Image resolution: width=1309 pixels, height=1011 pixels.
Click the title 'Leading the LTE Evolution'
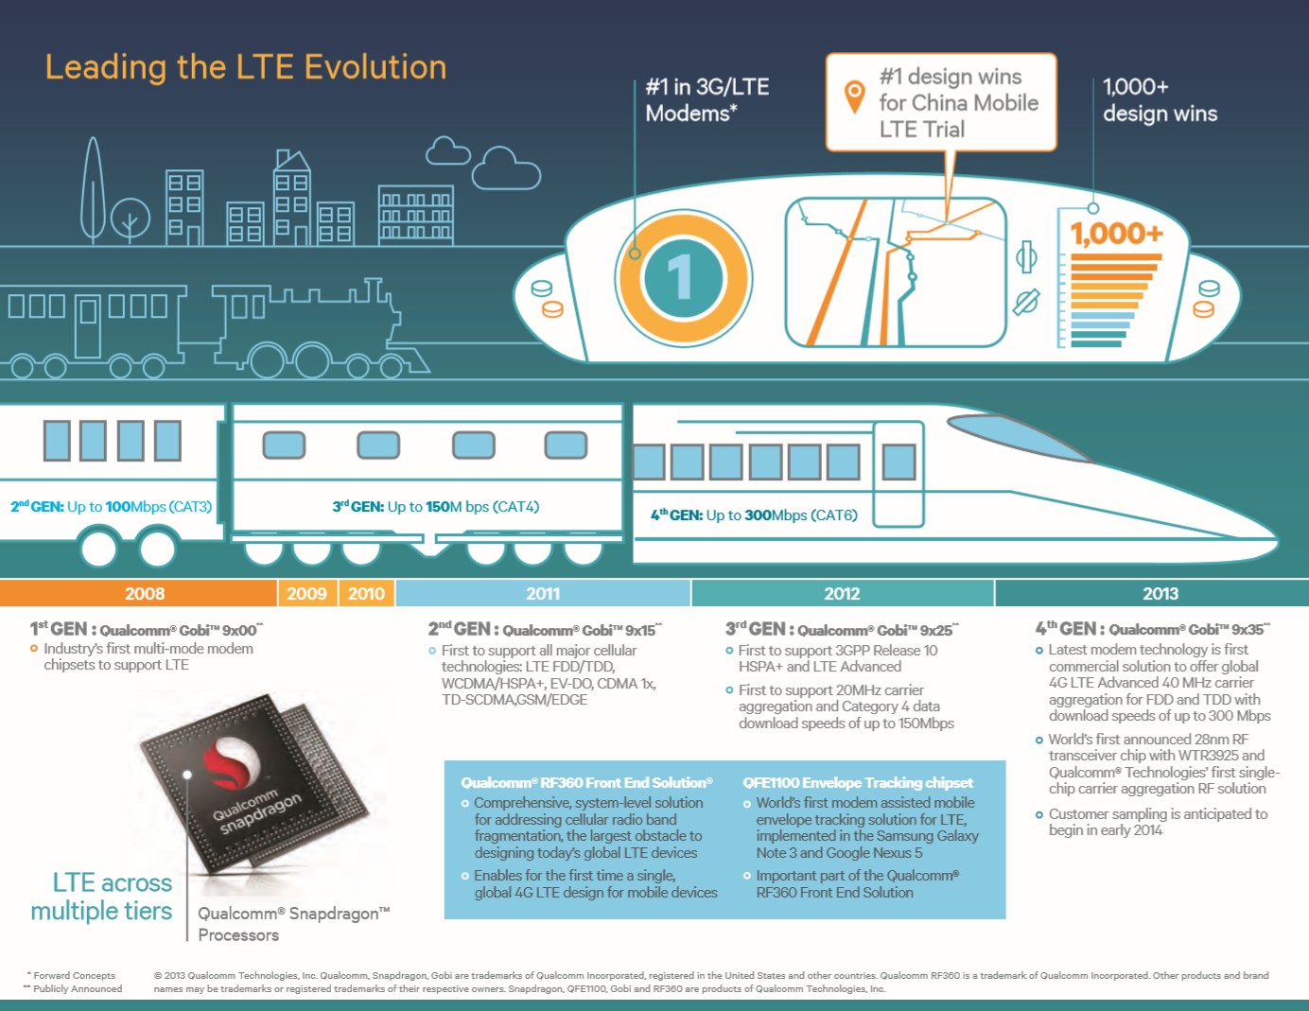coord(246,67)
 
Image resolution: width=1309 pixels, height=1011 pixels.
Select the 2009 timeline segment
coord(307,593)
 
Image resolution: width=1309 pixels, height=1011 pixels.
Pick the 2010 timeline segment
coord(366,593)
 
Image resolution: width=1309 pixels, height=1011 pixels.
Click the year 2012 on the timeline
coord(842,593)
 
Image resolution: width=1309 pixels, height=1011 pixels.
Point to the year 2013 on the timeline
coord(1161,593)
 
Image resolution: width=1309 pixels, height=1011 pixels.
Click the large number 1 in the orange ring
coord(681,277)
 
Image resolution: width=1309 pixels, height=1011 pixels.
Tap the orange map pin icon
coord(854,96)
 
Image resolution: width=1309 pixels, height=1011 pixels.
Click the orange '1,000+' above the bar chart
coord(1116,235)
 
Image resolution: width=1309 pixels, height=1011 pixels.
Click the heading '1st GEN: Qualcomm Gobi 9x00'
coord(147,629)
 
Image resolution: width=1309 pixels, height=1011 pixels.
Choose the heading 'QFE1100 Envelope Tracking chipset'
coord(857,783)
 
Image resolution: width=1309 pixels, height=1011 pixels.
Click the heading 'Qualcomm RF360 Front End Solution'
coord(586,783)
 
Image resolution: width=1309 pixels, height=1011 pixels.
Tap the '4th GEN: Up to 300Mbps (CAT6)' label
coord(754,515)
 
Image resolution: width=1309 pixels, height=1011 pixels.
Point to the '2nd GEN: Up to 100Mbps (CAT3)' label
coord(112,506)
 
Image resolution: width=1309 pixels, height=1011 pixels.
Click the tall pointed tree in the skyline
coord(93,190)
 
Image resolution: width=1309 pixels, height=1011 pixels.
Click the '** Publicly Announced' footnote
coord(72,988)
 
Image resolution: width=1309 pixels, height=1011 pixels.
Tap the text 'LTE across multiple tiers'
coord(101,897)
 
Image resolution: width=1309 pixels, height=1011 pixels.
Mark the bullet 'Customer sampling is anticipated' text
coord(1158,822)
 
